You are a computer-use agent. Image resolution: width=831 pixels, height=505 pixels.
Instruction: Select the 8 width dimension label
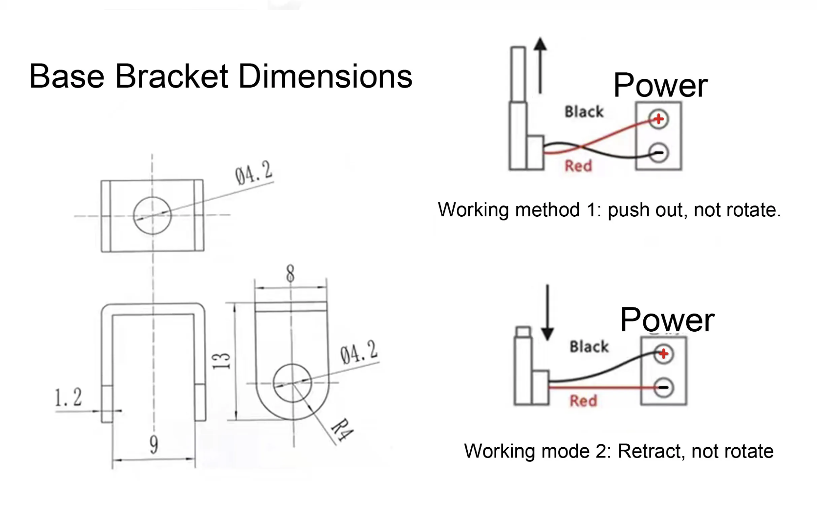[x=290, y=274]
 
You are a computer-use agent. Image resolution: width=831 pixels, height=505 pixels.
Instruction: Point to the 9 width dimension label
[x=153, y=444]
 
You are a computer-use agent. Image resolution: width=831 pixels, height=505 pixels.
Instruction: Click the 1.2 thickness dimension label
[x=68, y=398]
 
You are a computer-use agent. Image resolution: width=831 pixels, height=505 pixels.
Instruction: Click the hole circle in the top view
[x=153, y=216]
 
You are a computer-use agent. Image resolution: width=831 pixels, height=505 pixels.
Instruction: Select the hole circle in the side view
[x=292, y=383]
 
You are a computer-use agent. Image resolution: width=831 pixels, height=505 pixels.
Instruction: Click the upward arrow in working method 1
[x=540, y=65]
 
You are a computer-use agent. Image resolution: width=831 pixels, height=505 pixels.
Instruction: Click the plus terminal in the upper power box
[x=658, y=119]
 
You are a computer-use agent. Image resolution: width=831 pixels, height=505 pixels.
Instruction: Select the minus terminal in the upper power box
[x=658, y=153]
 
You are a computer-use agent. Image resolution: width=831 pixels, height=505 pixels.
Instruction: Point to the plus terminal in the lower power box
[x=663, y=354]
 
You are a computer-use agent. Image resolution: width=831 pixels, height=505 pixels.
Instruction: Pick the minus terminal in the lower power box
[x=663, y=388]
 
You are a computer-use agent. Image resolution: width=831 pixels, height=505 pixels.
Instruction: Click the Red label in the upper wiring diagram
[x=578, y=166]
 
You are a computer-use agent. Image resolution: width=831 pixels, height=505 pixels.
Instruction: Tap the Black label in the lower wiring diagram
[x=589, y=346]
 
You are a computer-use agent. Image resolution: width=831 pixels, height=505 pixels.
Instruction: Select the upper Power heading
[x=660, y=85]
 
